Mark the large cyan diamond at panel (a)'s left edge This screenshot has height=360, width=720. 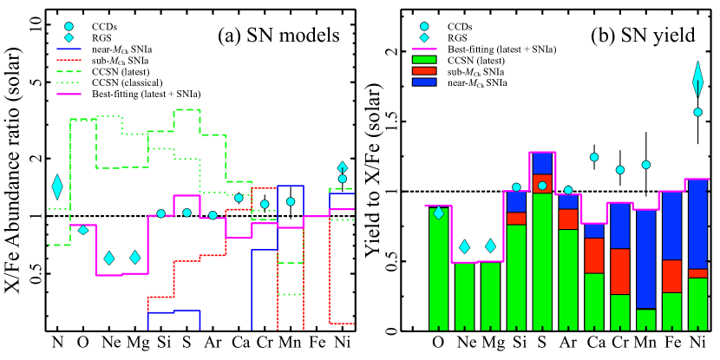point(57,186)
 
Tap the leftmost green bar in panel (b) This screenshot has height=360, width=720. point(438,269)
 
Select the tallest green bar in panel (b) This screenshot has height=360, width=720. point(542,260)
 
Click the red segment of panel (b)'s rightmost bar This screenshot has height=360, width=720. point(697,273)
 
